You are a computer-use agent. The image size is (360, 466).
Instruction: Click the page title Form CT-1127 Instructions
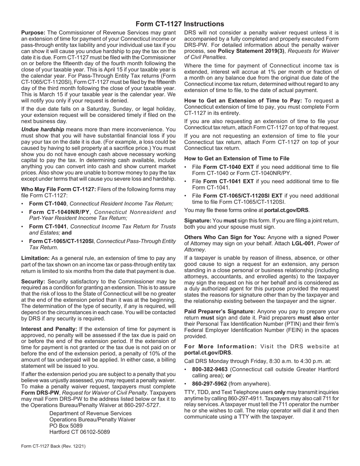tap(180, 24)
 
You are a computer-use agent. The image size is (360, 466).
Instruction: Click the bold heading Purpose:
tap(33, 33)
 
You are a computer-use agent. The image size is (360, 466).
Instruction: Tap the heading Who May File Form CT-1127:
tap(59, 189)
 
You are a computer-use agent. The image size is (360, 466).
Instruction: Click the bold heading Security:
tap(33, 282)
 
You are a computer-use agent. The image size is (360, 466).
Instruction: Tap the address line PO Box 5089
tap(66, 425)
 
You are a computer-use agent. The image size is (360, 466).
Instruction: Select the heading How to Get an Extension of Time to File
tap(237, 158)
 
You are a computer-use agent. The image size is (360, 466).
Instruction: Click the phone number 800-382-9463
tap(210, 369)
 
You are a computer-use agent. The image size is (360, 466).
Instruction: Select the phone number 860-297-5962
tap(210, 383)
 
